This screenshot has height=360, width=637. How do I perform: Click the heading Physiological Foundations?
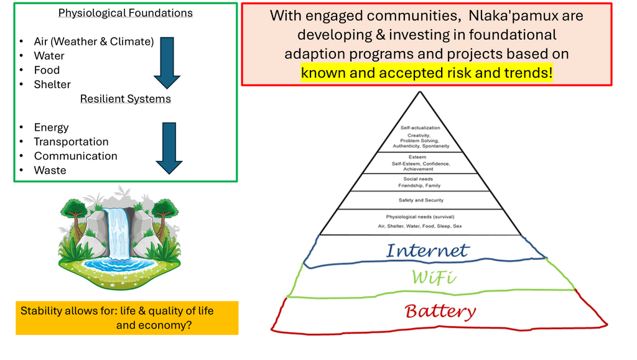coord(125,13)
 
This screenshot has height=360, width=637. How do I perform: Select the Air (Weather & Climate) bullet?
coord(93,42)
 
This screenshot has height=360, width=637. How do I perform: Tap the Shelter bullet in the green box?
coord(52,85)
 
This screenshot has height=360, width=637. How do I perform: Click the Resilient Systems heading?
coord(125,99)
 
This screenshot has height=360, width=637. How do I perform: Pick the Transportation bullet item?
coord(71,142)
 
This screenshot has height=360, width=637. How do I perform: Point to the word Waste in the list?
coord(50,170)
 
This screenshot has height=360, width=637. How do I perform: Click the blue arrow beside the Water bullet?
coord(166,62)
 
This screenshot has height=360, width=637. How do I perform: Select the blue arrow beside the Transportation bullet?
coord(169,148)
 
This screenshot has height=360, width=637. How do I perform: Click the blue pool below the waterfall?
coord(118,264)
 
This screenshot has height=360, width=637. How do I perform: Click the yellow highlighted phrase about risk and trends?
coord(427,73)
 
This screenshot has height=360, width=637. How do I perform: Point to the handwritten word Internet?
coord(427,251)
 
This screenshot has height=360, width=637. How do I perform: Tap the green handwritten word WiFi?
coord(434,278)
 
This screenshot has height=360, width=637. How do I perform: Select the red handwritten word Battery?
coord(440,311)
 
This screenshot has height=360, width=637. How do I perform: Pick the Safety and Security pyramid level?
coord(421,200)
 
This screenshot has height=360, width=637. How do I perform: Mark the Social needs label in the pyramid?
coord(418,179)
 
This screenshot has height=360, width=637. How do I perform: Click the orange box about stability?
coord(126,318)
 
